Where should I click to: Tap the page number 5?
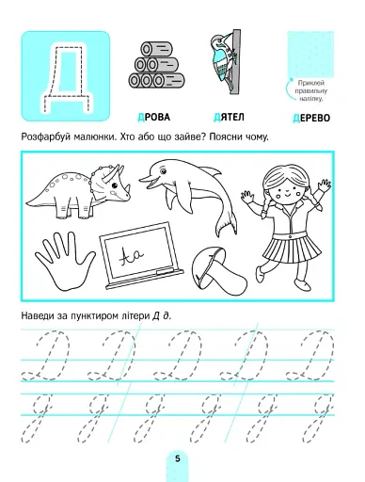coord(179,458)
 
